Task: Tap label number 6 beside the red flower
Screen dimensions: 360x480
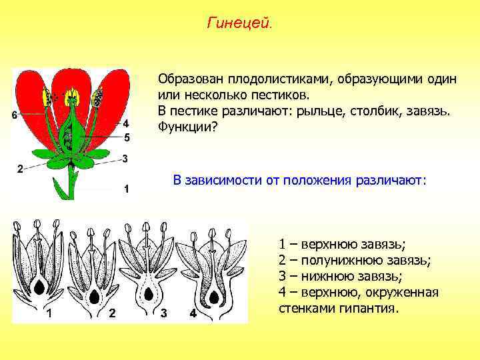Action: [15, 115]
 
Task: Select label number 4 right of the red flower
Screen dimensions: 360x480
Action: [126, 123]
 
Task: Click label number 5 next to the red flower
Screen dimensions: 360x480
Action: [126, 137]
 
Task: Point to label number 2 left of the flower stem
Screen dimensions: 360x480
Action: [20, 168]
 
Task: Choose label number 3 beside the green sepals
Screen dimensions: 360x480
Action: [125, 158]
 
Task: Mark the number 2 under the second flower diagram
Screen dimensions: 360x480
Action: [111, 313]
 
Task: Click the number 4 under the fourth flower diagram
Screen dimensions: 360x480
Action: [193, 313]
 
